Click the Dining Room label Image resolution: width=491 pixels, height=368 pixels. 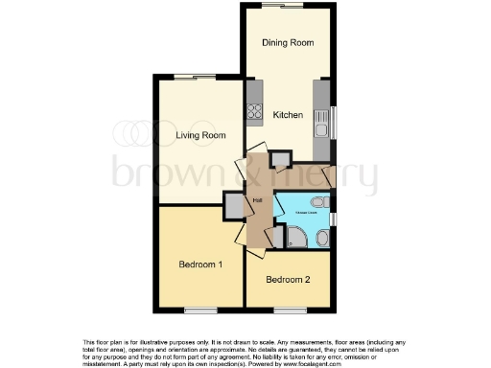(288, 43)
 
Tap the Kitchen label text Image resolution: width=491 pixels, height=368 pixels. (288, 115)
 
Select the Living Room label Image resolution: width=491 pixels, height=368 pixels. (198, 135)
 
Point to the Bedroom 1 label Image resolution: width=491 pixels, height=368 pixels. (200, 264)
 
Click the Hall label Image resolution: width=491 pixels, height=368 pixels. (258, 199)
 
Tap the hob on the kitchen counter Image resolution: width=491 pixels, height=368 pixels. (255, 113)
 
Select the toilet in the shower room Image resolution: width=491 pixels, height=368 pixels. (320, 202)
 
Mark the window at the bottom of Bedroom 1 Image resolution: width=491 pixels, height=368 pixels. (200, 310)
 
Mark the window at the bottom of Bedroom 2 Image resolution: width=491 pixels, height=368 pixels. (288, 310)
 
